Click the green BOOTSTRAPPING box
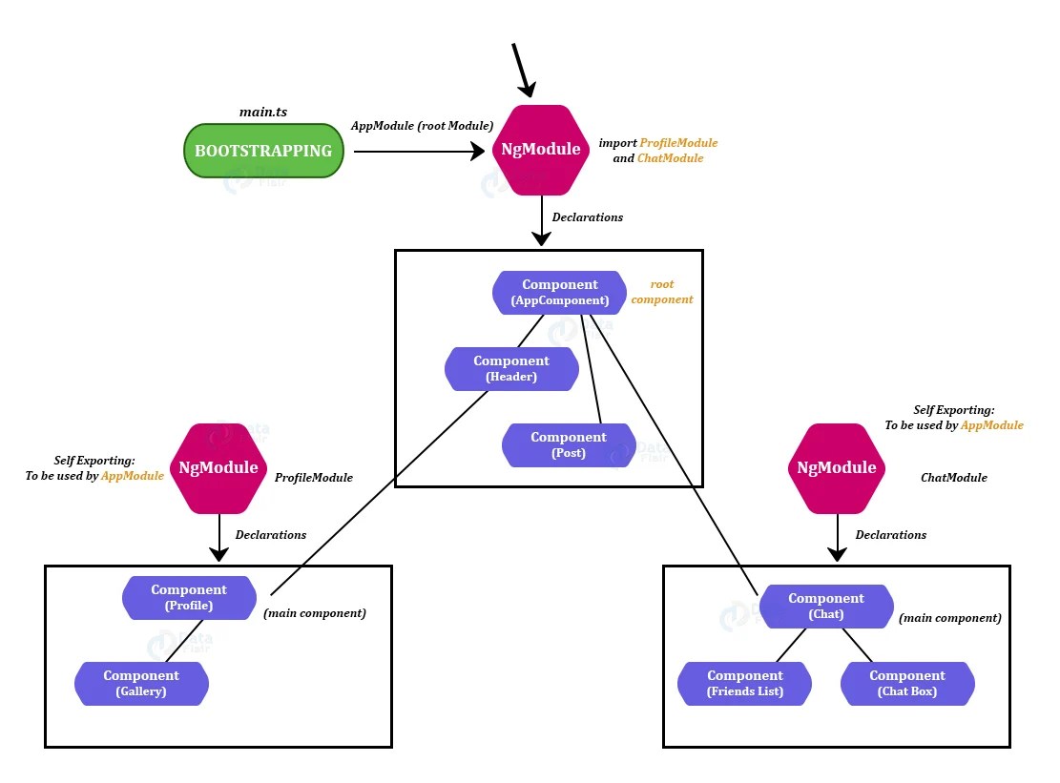click(263, 151)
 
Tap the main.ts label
click(263, 112)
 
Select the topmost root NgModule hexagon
click(541, 149)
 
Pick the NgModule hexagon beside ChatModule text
click(837, 467)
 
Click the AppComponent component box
click(560, 292)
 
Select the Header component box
click(511, 368)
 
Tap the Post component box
click(569, 444)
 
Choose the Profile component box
click(189, 597)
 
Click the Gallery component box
click(141, 683)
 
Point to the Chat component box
click(826, 606)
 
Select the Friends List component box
click(745, 683)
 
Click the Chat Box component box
click(907, 683)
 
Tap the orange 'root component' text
click(662, 292)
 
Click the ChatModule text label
click(954, 478)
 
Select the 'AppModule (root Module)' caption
click(422, 126)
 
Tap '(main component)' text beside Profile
click(315, 613)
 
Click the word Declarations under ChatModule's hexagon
click(891, 535)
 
